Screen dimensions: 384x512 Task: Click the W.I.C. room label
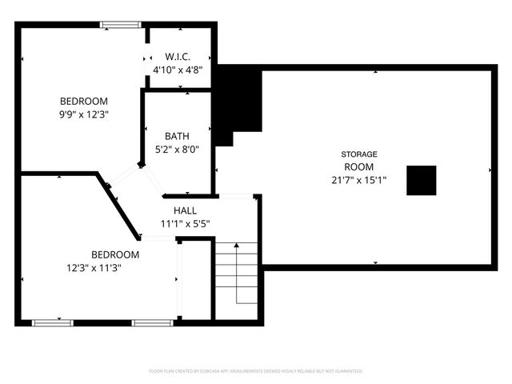pos(178,57)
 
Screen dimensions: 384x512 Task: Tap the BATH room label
pos(177,136)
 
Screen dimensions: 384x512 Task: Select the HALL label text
pos(186,210)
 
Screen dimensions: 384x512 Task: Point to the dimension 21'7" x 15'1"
pos(359,180)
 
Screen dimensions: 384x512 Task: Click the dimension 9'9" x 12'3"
pos(84,114)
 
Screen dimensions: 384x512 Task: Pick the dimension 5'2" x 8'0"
pos(177,149)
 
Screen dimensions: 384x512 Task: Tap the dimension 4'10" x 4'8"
pos(178,70)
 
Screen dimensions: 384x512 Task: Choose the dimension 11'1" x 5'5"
pos(186,224)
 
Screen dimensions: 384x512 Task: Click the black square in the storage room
pos(421,180)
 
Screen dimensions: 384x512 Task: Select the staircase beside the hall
pos(237,272)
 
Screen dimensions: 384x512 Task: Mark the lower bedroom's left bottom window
pos(54,322)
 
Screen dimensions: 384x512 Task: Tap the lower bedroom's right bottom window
pos(153,322)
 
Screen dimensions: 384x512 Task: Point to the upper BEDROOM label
pos(84,101)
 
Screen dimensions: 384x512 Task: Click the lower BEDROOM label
pos(114,254)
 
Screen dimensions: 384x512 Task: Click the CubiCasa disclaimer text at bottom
pos(256,371)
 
